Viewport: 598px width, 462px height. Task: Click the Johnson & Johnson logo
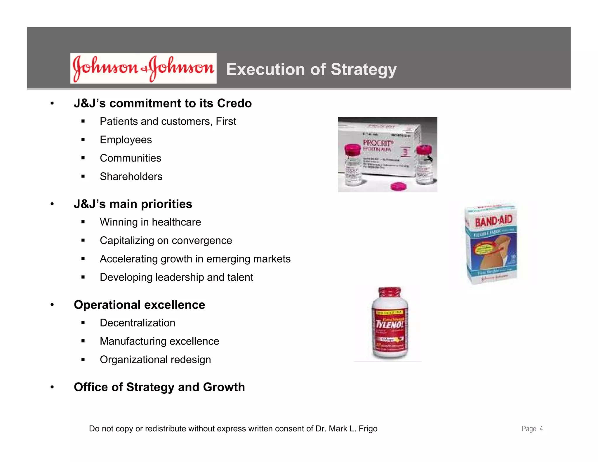click(x=143, y=68)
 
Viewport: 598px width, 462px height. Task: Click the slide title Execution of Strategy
click(x=311, y=70)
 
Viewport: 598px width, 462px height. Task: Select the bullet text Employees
click(x=126, y=140)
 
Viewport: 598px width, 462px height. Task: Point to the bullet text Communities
click(x=131, y=158)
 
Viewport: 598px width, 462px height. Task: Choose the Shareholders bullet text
click(x=131, y=177)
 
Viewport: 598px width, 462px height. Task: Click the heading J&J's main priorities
click(x=133, y=204)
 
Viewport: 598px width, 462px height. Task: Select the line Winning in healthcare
click(x=150, y=222)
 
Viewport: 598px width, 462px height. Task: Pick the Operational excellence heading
click(x=139, y=305)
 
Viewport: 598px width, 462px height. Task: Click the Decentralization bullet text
click(x=138, y=323)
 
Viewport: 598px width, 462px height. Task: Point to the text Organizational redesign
click(x=155, y=360)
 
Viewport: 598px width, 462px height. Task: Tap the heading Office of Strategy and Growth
click(x=159, y=387)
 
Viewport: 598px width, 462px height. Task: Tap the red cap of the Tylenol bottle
click(x=390, y=292)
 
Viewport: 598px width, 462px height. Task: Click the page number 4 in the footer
click(x=541, y=429)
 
